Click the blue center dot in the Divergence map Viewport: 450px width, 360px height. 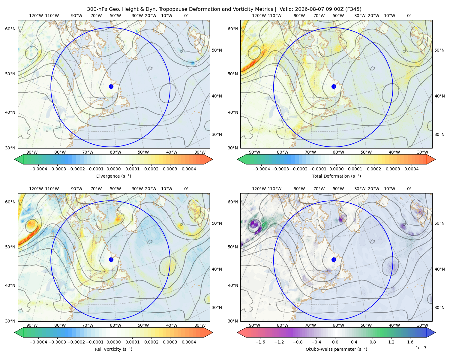(x=111, y=86)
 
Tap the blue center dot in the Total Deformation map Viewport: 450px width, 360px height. (x=334, y=86)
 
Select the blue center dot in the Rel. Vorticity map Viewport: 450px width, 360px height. (x=111, y=259)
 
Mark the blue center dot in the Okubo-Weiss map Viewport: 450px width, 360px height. (x=334, y=259)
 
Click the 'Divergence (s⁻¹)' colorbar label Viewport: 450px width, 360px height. (x=113, y=176)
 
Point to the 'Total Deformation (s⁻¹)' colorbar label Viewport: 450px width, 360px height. (x=336, y=176)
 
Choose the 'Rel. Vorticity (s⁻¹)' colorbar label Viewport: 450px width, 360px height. (x=113, y=349)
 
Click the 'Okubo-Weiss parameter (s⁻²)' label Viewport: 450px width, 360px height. (x=336, y=349)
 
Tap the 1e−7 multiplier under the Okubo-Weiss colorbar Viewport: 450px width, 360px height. (x=421, y=348)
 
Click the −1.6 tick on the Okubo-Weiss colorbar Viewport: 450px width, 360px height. (x=260, y=342)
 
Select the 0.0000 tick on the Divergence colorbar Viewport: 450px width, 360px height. (x=113, y=169)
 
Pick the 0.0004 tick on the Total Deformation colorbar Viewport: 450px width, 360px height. (x=411, y=169)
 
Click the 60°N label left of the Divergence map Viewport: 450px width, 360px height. (x=10, y=29)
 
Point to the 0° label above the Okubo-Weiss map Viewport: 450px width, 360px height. (x=409, y=189)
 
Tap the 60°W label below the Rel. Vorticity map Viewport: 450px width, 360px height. (x=115, y=325)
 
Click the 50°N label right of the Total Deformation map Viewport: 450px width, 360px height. (x=439, y=50)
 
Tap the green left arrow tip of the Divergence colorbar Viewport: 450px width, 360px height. (x=15, y=159)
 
